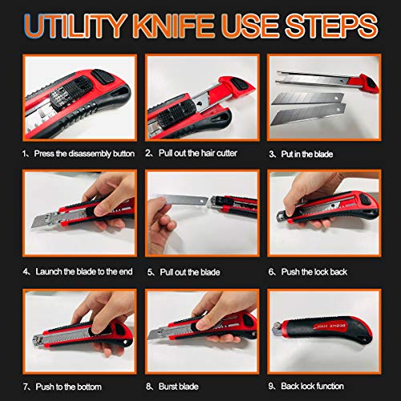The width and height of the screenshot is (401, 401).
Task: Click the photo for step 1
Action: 73,95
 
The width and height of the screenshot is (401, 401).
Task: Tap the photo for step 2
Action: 200,95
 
